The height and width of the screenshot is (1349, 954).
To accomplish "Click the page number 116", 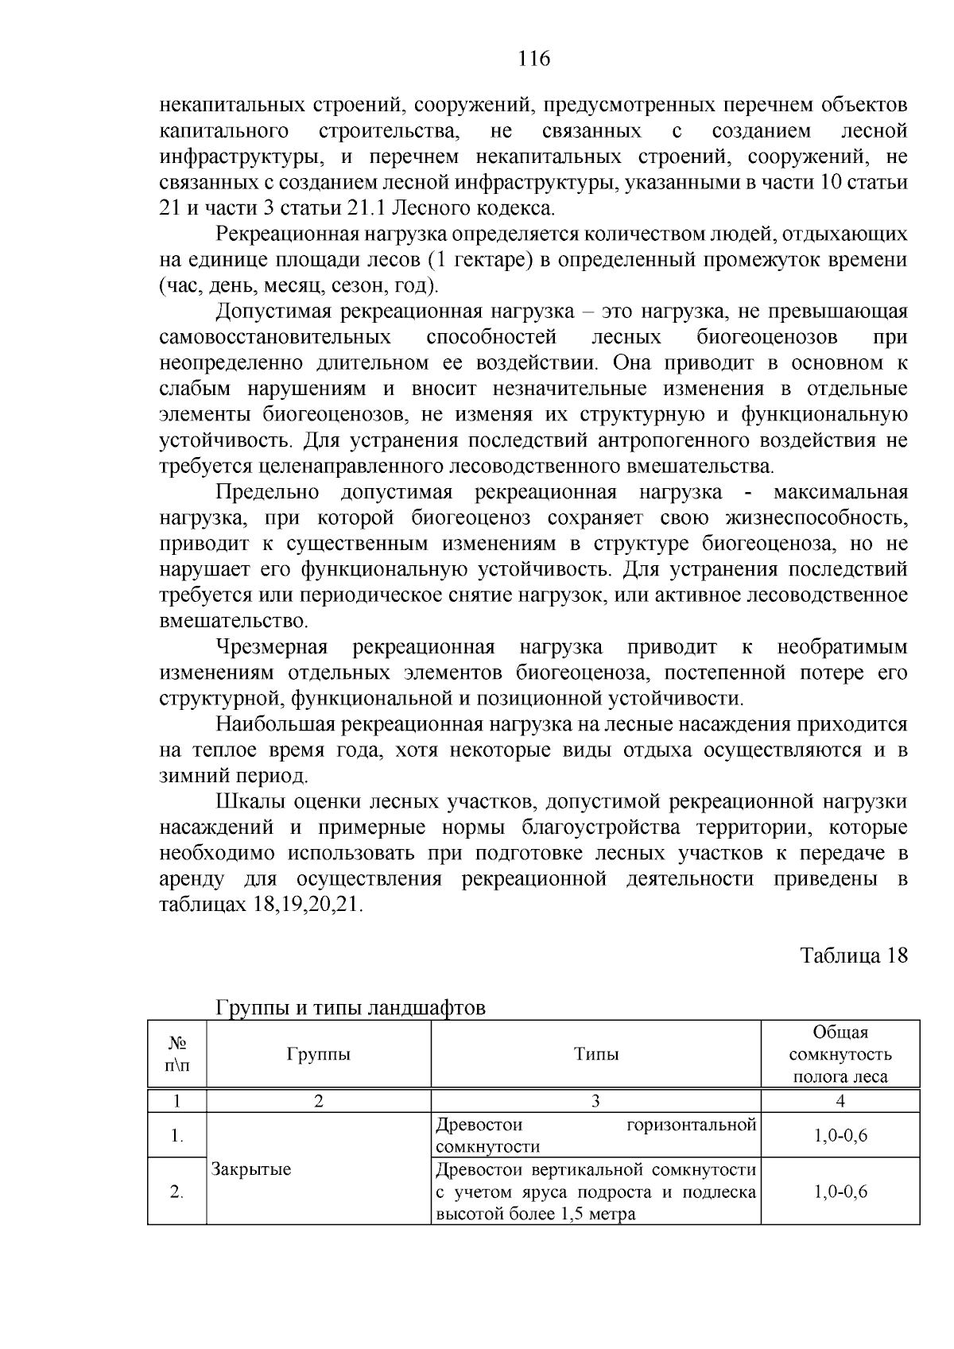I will point(533,59).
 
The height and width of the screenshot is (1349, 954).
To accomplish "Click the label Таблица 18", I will point(854,956).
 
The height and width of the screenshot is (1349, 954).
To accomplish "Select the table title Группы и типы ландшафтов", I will point(351,1008).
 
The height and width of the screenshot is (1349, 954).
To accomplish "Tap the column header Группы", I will point(318,1055).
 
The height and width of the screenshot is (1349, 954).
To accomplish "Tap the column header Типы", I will point(596,1055).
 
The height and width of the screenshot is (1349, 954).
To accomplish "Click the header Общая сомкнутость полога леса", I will point(840,1055).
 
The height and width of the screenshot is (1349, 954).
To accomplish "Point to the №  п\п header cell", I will point(177,1055).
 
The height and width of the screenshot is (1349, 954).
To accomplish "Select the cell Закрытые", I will point(251,1169).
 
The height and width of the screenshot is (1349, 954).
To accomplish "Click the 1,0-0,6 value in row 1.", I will point(840,1135).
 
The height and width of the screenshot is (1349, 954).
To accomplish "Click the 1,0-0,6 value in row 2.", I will point(840,1192).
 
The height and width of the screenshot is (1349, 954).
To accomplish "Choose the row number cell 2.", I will point(177,1192).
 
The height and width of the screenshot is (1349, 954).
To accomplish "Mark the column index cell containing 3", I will point(595,1101).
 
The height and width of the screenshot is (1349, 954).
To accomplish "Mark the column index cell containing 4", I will point(840,1101).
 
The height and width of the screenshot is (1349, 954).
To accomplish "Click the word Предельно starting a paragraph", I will point(267,492).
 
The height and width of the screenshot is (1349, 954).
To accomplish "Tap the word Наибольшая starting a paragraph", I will point(276,724).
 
